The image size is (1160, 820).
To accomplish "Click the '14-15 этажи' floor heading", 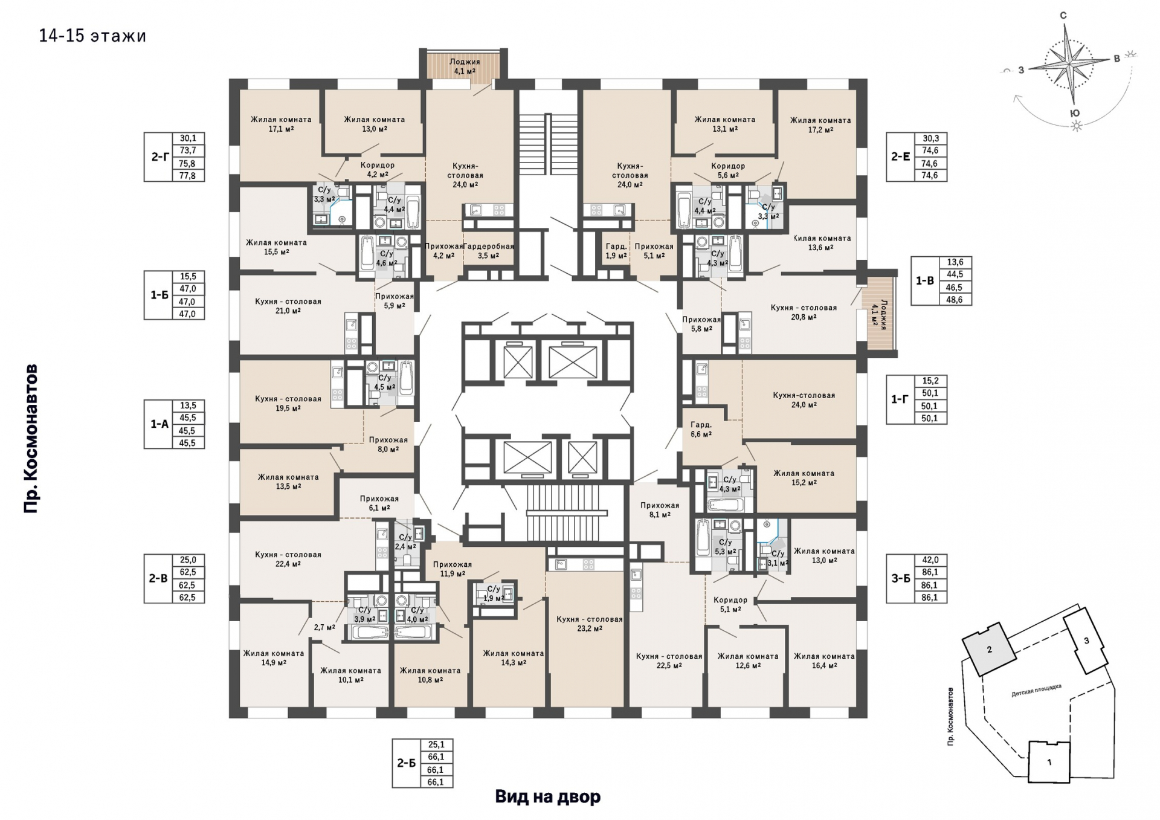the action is [x=92, y=36].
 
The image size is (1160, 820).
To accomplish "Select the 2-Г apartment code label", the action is [x=159, y=157].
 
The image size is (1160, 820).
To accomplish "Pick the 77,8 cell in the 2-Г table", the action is [x=188, y=176].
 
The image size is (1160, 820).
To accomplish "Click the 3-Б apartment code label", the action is [x=901, y=578].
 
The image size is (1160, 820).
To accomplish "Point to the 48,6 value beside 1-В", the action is [x=955, y=300].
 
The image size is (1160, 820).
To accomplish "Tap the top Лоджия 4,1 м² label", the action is [x=465, y=66].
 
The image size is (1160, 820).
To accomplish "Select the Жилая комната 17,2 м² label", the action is [x=820, y=125].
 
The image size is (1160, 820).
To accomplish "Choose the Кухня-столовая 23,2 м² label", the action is [x=590, y=624].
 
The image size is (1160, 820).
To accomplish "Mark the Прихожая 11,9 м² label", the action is [x=453, y=569].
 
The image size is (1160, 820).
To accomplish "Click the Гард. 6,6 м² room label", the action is [x=701, y=430].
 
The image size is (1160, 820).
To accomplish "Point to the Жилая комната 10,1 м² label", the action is [x=350, y=675].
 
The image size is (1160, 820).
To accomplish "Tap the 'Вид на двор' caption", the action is [x=548, y=796].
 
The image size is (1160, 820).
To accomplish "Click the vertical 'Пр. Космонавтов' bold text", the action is [x=31, y=439].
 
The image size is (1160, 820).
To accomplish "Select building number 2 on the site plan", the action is [x=989, y=650].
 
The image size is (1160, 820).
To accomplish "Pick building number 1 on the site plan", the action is [x=1049, y=762].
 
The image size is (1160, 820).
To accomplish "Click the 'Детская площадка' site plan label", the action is [x=1036, y=691].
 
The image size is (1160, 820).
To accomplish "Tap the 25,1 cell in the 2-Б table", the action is [x=436, y=744].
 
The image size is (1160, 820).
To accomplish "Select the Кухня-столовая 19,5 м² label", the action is [x=288, y=404].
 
